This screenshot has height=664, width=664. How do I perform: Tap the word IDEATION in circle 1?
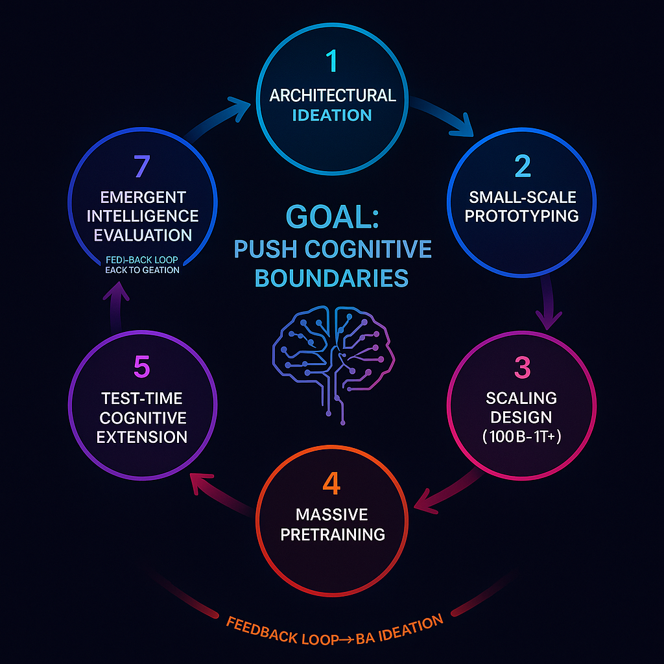(332, 115)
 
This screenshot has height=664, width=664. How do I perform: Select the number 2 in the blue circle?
(522, 166)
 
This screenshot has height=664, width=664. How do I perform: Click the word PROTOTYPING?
(522, 215)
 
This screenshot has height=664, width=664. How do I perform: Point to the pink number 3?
(522, 368)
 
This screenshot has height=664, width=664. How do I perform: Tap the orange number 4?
(331, 484)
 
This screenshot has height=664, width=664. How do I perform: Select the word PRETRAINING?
(331, 534)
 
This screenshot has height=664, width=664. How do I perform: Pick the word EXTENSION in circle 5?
(142, 436)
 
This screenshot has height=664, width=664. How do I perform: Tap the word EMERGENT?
(142, 196)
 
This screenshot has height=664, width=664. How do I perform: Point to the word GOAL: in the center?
(331, 217)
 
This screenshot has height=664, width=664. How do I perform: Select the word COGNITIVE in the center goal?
(377, 248)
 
